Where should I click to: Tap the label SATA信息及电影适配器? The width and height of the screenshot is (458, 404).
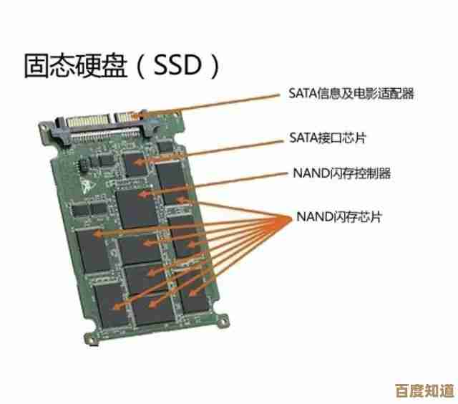click(x=351, y=93)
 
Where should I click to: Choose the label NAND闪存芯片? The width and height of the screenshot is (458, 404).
click(x=338, y=216)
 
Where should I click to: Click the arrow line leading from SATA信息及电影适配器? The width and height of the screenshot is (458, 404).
click(x=215, y=102)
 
